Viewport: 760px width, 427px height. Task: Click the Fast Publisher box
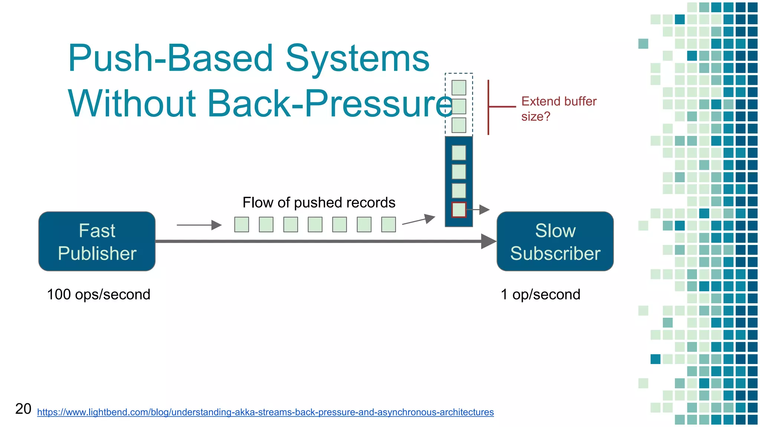point(97,241)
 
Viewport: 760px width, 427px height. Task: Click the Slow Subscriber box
point(555,241)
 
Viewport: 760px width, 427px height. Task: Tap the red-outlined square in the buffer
point(459,210)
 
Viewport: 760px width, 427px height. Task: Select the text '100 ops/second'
point(99,295)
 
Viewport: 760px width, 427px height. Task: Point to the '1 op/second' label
point(540,295)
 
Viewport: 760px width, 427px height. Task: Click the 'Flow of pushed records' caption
point(319,203)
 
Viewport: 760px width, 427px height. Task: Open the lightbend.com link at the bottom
point(265,412)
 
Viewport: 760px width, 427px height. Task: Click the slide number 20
point(23,409)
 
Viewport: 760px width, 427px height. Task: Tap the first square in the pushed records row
point(242,225)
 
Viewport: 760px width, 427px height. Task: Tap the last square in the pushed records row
point(389,225)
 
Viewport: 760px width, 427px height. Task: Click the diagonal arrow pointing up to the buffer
point(419,220)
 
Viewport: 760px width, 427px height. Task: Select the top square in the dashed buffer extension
point(459,88)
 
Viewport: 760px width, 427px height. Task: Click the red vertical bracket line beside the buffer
point(488,107)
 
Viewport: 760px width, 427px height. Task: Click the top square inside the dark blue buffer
point(459,153)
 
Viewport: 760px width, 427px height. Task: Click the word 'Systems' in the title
point(357,58)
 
